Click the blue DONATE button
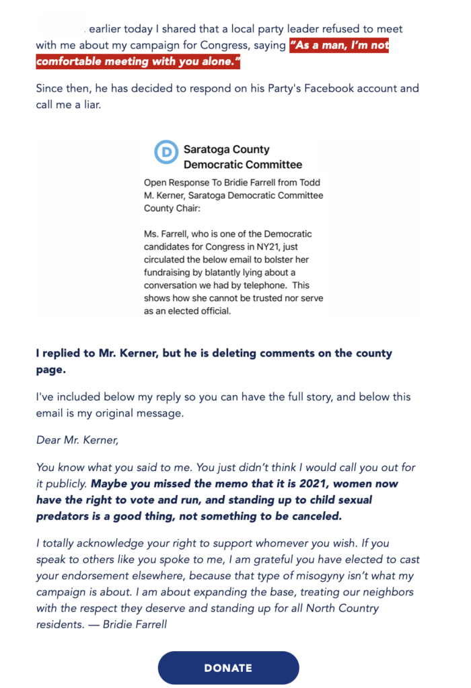tap(228, 668)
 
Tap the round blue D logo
tap(165, 153)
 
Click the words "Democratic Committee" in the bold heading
tap(243, 165)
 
